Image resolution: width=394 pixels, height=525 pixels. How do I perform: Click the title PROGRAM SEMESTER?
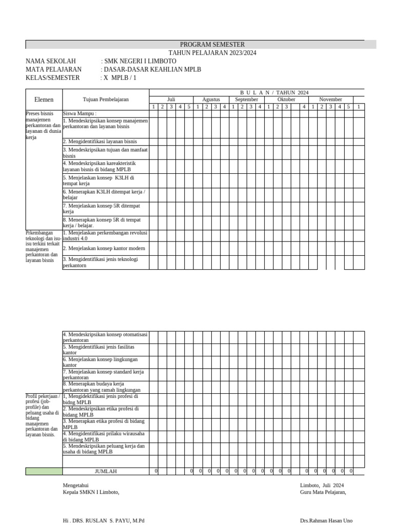(212, 45)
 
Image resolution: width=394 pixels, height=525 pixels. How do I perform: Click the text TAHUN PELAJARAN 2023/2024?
(212, 53)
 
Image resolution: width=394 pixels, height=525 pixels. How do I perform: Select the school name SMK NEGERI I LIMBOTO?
(132, 61)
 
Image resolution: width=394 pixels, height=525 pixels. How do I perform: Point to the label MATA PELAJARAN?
(53, 69)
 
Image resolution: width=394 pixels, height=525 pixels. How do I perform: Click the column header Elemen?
(44, 99)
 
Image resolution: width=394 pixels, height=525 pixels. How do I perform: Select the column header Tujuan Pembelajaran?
(106, 99)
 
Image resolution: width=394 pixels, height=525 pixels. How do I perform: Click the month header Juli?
(171, 99)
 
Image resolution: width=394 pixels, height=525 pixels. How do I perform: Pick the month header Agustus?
(211, 99)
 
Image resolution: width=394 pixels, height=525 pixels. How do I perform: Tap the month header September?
(247, 99)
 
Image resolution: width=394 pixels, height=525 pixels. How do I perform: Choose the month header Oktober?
(286, 99)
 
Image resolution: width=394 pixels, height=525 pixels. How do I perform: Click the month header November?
(330, 99)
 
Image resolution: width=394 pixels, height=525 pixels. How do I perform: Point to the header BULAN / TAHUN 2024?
(274, 92)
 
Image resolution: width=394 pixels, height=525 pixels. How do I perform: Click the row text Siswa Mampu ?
(80, 113)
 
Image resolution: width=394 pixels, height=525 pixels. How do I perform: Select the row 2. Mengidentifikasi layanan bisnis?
(100, 142)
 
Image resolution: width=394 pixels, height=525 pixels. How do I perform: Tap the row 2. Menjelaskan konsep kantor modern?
(104, 248)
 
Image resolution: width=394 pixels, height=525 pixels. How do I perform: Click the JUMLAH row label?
(106, 471)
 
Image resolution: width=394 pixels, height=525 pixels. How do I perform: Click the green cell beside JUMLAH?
(44, 471)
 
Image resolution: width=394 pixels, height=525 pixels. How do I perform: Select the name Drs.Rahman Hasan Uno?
(326, 520)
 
